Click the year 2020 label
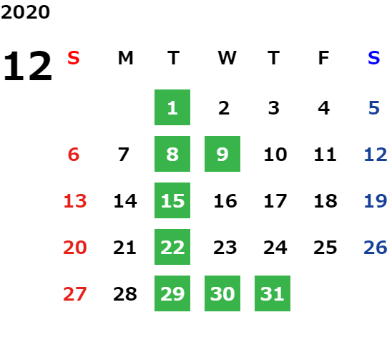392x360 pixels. (x=25, y=12)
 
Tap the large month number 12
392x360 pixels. (x=27, y=66)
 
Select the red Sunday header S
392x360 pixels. (x=74, y=58)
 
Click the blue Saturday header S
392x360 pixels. (x=374, y=58)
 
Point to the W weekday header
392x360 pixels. (x=227, y=58)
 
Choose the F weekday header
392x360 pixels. (x=324, y=58)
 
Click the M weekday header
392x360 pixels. (x=125, y=58)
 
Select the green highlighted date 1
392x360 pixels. (x=172, y=107)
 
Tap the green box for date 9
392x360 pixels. (x=222, y=154)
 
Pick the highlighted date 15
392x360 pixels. (x=172, y=200)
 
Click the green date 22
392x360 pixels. (x=172, y=247)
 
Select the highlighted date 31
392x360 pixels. (x=273, y=293)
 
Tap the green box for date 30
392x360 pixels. (x=222, y=293)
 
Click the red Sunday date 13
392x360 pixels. (x=75, y=201)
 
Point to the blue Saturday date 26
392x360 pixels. (x=376, y=248)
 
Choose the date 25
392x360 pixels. (x=325, y=248)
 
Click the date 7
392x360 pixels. (x=124, y=155)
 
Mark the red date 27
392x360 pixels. (x=75, y=294)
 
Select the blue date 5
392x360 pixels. (x=374, y=108)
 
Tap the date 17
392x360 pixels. (x=275, y=201)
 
